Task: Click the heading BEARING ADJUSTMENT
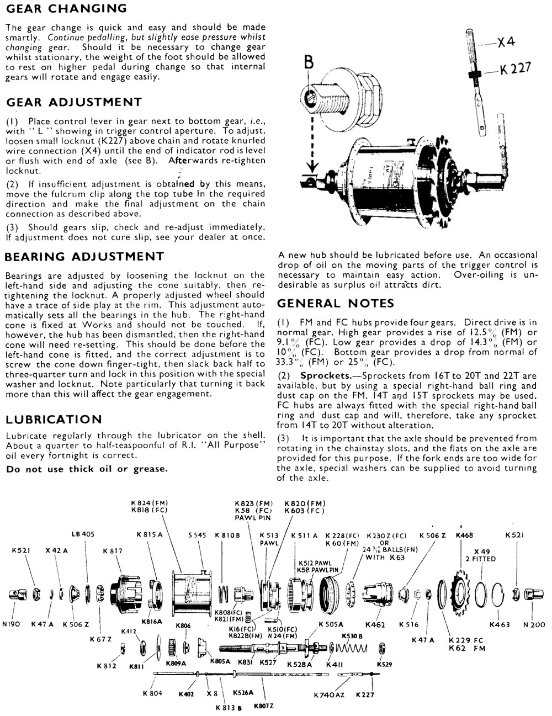point(84,257)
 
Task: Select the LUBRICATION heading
point(54,419)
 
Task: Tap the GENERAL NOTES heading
point(335,303)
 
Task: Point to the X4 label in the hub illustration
point(506,42)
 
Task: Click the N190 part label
point(12,624)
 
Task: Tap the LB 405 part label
point(83,534)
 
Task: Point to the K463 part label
point(500,624)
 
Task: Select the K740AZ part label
point(328,694)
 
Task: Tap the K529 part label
point(384,664)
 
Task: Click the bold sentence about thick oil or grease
point(86,469)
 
